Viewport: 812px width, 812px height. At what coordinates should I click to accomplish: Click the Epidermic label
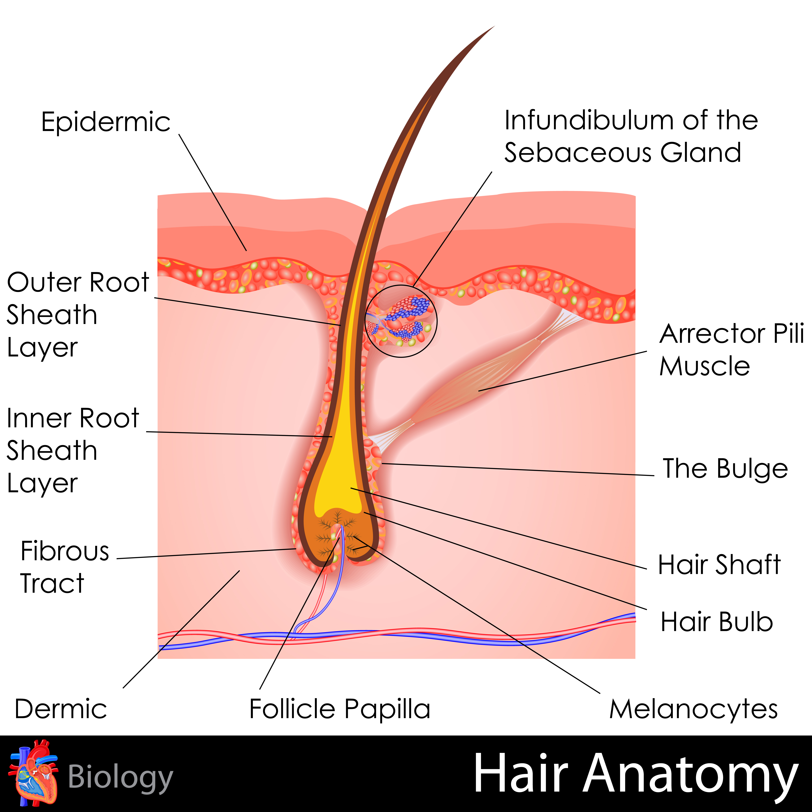[106, 122]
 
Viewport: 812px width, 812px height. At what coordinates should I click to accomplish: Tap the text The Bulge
[725, 469]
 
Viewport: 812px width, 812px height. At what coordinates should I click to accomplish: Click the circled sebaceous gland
[401, 321]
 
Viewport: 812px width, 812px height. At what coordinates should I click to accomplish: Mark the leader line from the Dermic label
[181, 629]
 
